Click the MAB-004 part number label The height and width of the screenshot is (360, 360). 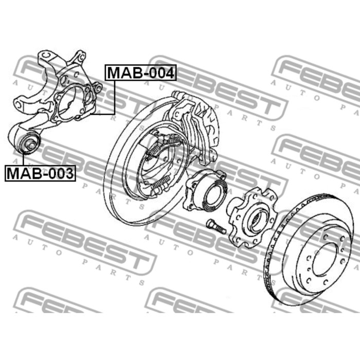(140, 73)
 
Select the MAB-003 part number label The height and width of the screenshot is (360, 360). (40, 173)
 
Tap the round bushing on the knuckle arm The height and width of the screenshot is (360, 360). (29, 143)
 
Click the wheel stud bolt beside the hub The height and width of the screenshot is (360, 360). (216, 227)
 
